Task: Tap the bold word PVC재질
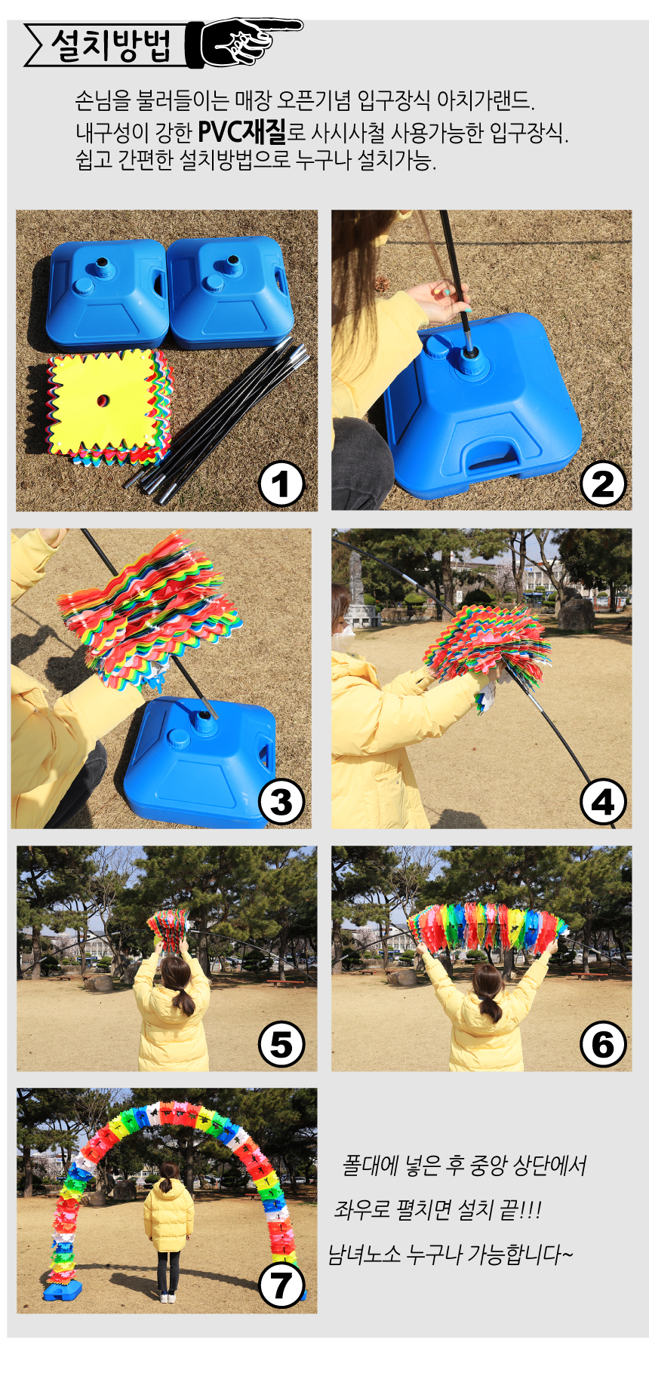tap(242, 132)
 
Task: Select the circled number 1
tap(281, 484)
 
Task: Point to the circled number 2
tap(603, 484)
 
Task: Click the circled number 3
tap(281, 803)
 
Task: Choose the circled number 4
tap(603, 803)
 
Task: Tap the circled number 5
tap(281, 1045)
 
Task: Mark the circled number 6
tap(603, 1045)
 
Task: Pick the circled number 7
tap(281, 1286)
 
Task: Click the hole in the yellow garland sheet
tap(103, 399)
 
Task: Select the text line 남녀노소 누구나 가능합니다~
tap(451, 1255)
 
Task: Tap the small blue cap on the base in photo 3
tap(179, 736)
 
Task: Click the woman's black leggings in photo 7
tap(168, 1272)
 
